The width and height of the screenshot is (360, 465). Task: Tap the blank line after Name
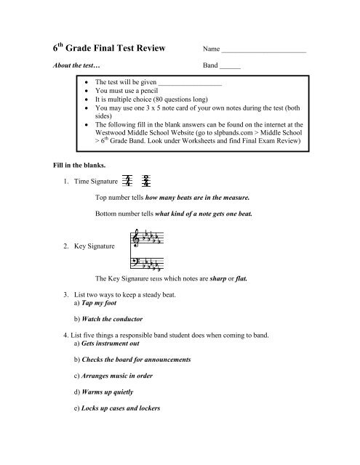[x=263, y=52]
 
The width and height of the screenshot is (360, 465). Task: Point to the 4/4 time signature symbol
[x=129, y=181]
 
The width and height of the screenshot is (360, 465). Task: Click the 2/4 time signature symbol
[x=147, y=181]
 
